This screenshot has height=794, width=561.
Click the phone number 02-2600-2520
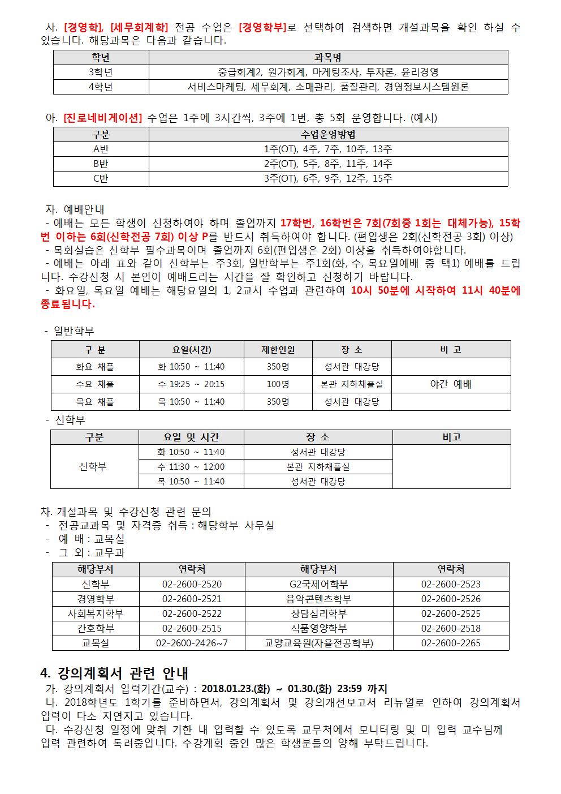click(192, 584)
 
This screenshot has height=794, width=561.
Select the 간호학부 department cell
click(96, 628)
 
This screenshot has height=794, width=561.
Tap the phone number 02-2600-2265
click(451, 643)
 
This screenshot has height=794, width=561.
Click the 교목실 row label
click(96, 643)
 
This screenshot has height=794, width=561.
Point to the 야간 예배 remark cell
click(451, 384)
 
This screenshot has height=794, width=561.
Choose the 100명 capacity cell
click(278, 384)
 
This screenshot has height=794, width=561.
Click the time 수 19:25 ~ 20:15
click(191, 384)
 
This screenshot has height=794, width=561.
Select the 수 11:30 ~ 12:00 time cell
click(191, 467)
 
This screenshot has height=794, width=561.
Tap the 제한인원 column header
click(278, 350)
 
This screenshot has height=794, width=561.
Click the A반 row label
click(101, 149)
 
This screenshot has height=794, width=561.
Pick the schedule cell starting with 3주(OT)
click(328, 179)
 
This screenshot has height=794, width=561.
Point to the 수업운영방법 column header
click(328, 135)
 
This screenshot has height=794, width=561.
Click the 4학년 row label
click(101, 87)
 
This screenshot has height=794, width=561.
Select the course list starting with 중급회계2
click(328, 72)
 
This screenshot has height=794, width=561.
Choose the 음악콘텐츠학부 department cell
click(319, 599)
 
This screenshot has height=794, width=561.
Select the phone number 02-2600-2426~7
click(192, 643)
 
